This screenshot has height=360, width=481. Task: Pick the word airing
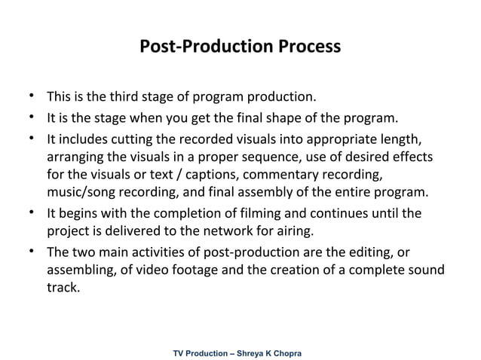coord(342,230)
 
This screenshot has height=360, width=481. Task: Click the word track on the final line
coord(62,287)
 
